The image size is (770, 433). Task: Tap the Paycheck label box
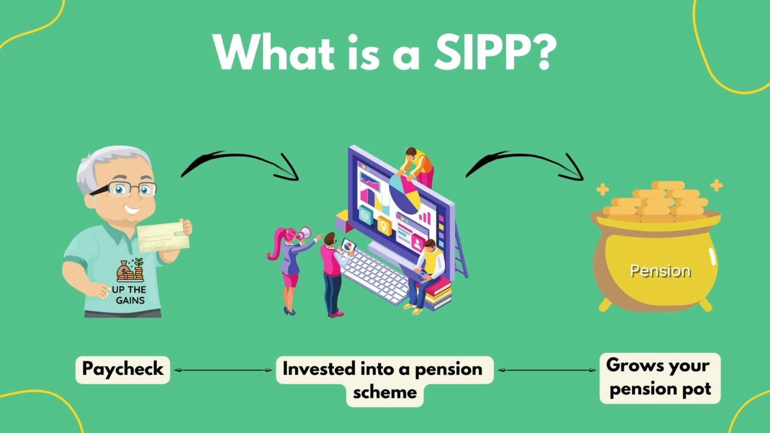pyautogui.click(x=123, y=369)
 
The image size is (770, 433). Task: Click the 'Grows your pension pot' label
pyautogui.click(x=660, y=378)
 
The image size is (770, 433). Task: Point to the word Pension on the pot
pyautogui.click(x=660, y=271)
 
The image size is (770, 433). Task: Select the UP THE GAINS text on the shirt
pyautogui.click(x=129, y=295)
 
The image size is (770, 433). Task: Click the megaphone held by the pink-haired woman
pyautogui.click(x=304, y=234)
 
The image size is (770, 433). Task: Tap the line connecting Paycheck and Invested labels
pyautogui.click(x=223, y=370)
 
